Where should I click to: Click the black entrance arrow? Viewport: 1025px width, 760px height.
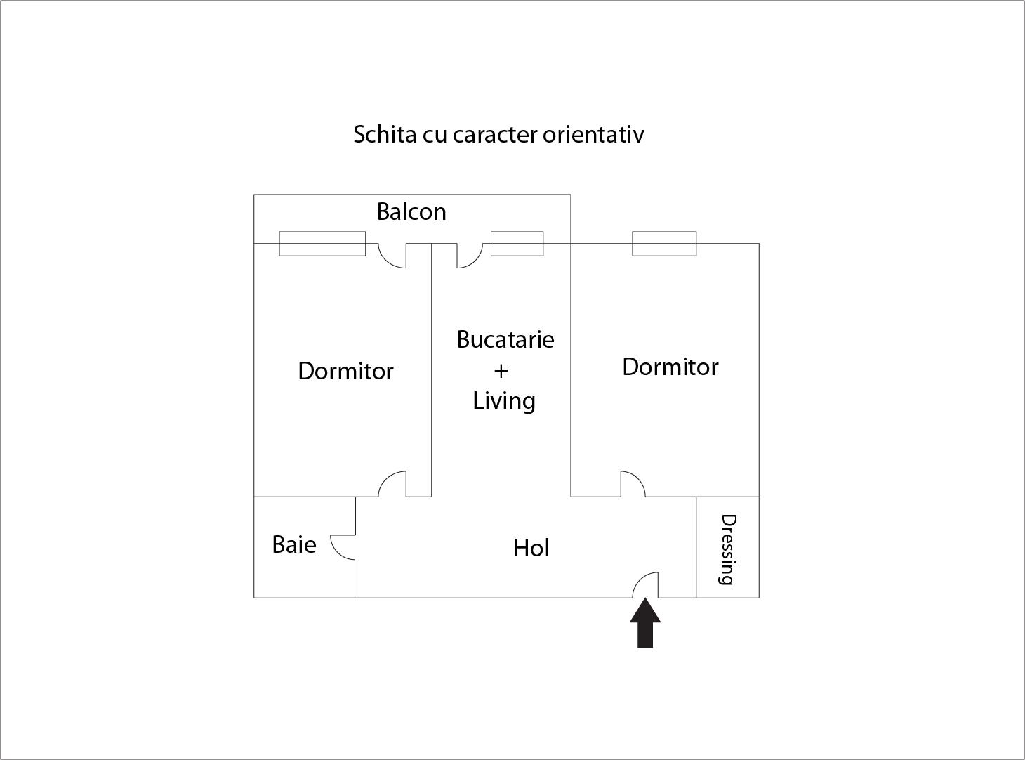pyautogui.click(x=645, y=622)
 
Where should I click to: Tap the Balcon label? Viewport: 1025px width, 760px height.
pyautogui.click(x=411, y=212)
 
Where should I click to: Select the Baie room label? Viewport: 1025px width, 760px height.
pyautogui.click(x=294, y=544)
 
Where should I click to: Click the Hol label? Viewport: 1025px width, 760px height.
pyautogui.click(x=531, y=548)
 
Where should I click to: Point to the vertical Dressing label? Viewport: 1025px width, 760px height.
pyautogui.click(x=728, y=549)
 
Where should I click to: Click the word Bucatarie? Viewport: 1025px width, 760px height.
pyautogui.click(x=505, y=339)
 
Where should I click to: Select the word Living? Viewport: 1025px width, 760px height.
pyautogui.click(x=504, y=401)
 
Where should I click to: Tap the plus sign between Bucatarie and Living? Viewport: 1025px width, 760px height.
pyautogui.click(x=501, y=371)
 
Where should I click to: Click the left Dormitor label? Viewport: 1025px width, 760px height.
pyautogui.click(x=345, y=371)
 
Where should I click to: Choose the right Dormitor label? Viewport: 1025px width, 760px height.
pyautogui.click(x=670, y=367)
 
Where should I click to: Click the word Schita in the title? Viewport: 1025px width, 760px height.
pyautogui.click(x=385, y=135)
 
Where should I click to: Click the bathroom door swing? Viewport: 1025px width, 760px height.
pyautogui.click(x=343, y=547)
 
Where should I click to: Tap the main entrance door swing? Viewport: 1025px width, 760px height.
pyautogui.click(x=645, y=585)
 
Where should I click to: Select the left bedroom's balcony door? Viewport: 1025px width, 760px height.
pyautogui.click(x=392, y=256)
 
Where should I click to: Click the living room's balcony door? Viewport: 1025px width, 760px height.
pyautogui.click(x=470, y=256)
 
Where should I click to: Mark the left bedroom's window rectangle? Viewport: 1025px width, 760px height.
pyautogui.click(x=322, y=244)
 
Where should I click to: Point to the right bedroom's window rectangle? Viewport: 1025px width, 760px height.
pyautogui.click(x=664, y=244)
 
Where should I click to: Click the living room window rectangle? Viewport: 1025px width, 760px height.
pyautogui.click(x=517, y=244)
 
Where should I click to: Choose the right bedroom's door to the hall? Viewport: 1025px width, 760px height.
pyautogui.click(x=633, y=484)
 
